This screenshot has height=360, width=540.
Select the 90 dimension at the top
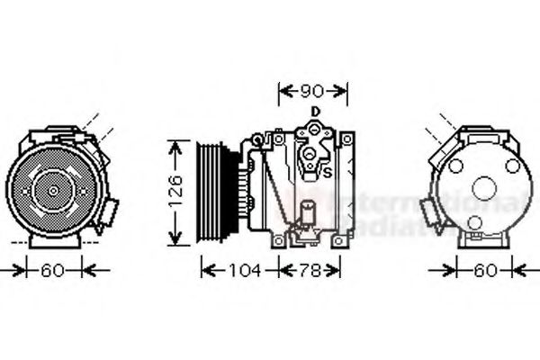click(x=312, y=91)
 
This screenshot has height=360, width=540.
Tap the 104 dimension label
click(x=240, y=269)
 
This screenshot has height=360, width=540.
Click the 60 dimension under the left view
click(x=53, y=269)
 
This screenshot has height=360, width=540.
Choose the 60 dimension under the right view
click(x=485, y=269)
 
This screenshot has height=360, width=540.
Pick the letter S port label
click(x=328, y=172)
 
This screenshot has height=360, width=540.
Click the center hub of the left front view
click(x=51, y=191)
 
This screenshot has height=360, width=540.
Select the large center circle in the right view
click(x=483, y=189)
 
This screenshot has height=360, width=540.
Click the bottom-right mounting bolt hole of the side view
click(x=339, y=238)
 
